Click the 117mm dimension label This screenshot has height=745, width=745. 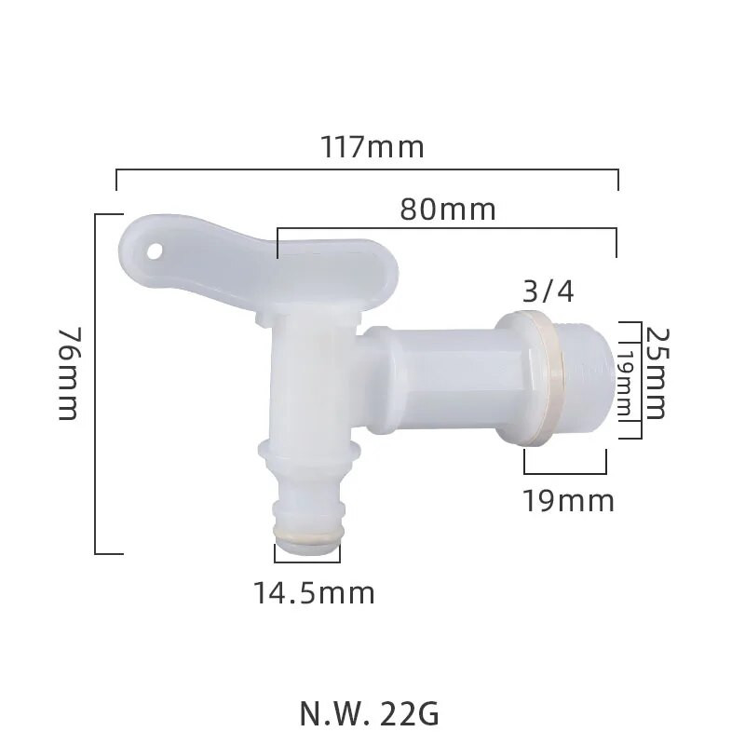372,147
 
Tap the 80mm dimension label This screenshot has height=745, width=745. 448,210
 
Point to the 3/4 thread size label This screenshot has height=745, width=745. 549,291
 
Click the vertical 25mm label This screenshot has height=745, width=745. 656,372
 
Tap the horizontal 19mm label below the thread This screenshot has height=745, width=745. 568,501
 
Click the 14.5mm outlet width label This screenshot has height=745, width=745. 314,592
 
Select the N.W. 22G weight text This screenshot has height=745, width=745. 369,714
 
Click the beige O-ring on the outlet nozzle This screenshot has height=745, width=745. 307,537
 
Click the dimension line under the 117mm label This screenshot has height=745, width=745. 367,170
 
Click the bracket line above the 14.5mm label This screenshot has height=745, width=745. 307,562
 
